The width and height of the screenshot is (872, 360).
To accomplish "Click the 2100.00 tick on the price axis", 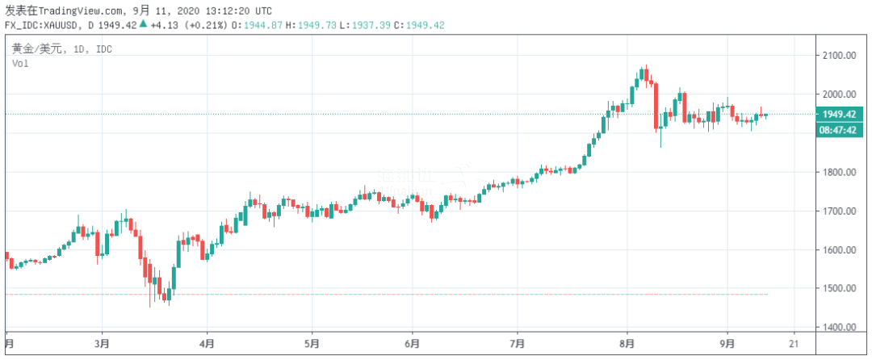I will click(x=840, y=55).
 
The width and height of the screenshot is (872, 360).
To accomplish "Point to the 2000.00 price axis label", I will click(x=840, y=94).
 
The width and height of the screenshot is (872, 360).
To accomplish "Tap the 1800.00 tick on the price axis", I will click(x=840, y=173).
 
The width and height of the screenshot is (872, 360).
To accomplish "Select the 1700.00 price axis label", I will click(x=840, y=211).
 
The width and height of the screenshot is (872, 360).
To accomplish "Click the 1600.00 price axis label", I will click(x=840, y=250).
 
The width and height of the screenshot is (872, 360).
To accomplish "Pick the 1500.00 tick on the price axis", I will click(x=840, y=289).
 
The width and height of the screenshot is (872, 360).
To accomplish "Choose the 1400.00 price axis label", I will click(x=840, y=328).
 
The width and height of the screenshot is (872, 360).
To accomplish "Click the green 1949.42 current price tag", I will click(x=841, y=115).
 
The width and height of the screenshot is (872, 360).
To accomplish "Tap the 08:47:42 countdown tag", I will click(x=841, y=129).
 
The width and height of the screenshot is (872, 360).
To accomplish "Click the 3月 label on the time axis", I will click(x=103, y=342).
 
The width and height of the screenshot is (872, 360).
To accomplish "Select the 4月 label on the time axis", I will click(x=207, y=342).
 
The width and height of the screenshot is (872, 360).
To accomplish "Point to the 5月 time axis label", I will click(x=311, y=342).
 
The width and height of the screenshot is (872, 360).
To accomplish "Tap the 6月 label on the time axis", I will click(x=414, y=342).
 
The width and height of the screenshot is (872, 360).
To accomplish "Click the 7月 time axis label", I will click(x=518, y=342).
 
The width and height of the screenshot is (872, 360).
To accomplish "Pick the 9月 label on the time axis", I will click(x=727, y=342).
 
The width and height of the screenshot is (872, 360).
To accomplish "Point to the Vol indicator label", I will click(x=19, y=63).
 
